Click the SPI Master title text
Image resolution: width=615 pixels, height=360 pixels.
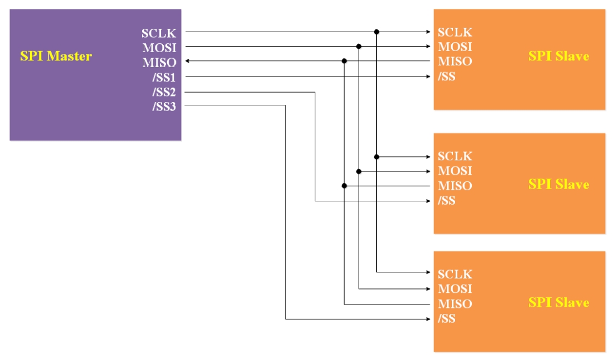click(x=56, y=56)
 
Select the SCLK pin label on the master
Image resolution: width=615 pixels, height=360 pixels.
click(x=158, y=33)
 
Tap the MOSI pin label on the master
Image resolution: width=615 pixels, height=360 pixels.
click(x=159, y=48)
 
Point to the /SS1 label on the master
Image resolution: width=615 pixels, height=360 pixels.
click(x=164, y=77)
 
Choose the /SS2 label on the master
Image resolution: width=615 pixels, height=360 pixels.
click(x=164, y=92)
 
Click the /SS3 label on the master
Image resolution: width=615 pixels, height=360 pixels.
click(x=164, y=107)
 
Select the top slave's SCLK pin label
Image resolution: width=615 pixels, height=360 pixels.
click(x=455, y=32)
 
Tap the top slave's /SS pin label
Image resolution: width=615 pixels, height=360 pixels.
click(x=446, y=77)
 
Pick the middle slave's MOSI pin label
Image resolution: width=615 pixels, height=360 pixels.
click(x=455, y=171)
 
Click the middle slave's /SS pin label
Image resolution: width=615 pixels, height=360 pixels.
click(x=446, y=201)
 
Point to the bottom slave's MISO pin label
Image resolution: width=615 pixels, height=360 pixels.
click(x=455, y=304)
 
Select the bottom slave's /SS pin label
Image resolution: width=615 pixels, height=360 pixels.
click(x=446, y=319)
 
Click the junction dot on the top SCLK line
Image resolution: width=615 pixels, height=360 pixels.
click(x=377, y=32)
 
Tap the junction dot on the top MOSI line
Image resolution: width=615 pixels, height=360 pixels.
click(x=359, y=47)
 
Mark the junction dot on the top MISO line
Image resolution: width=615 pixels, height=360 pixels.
click(x=344, y=61)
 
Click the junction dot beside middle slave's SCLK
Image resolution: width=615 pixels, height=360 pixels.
click(x=377, y=157)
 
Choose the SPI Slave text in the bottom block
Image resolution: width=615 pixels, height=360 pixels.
click(x=558, y=303)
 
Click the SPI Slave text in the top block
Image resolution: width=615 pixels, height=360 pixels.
click(x=558, y=56)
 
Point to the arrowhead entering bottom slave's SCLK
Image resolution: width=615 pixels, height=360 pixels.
click(x=428, y=272)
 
